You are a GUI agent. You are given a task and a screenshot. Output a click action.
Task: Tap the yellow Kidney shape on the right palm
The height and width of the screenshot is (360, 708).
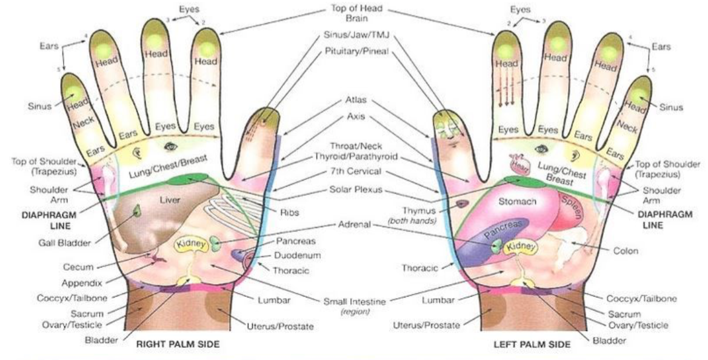(x=192, y=245)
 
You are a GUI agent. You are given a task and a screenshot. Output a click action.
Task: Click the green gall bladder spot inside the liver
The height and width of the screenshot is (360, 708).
(x=137, y=211)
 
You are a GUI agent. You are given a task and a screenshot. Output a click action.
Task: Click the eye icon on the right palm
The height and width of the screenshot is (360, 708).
(x=169, y=145)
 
